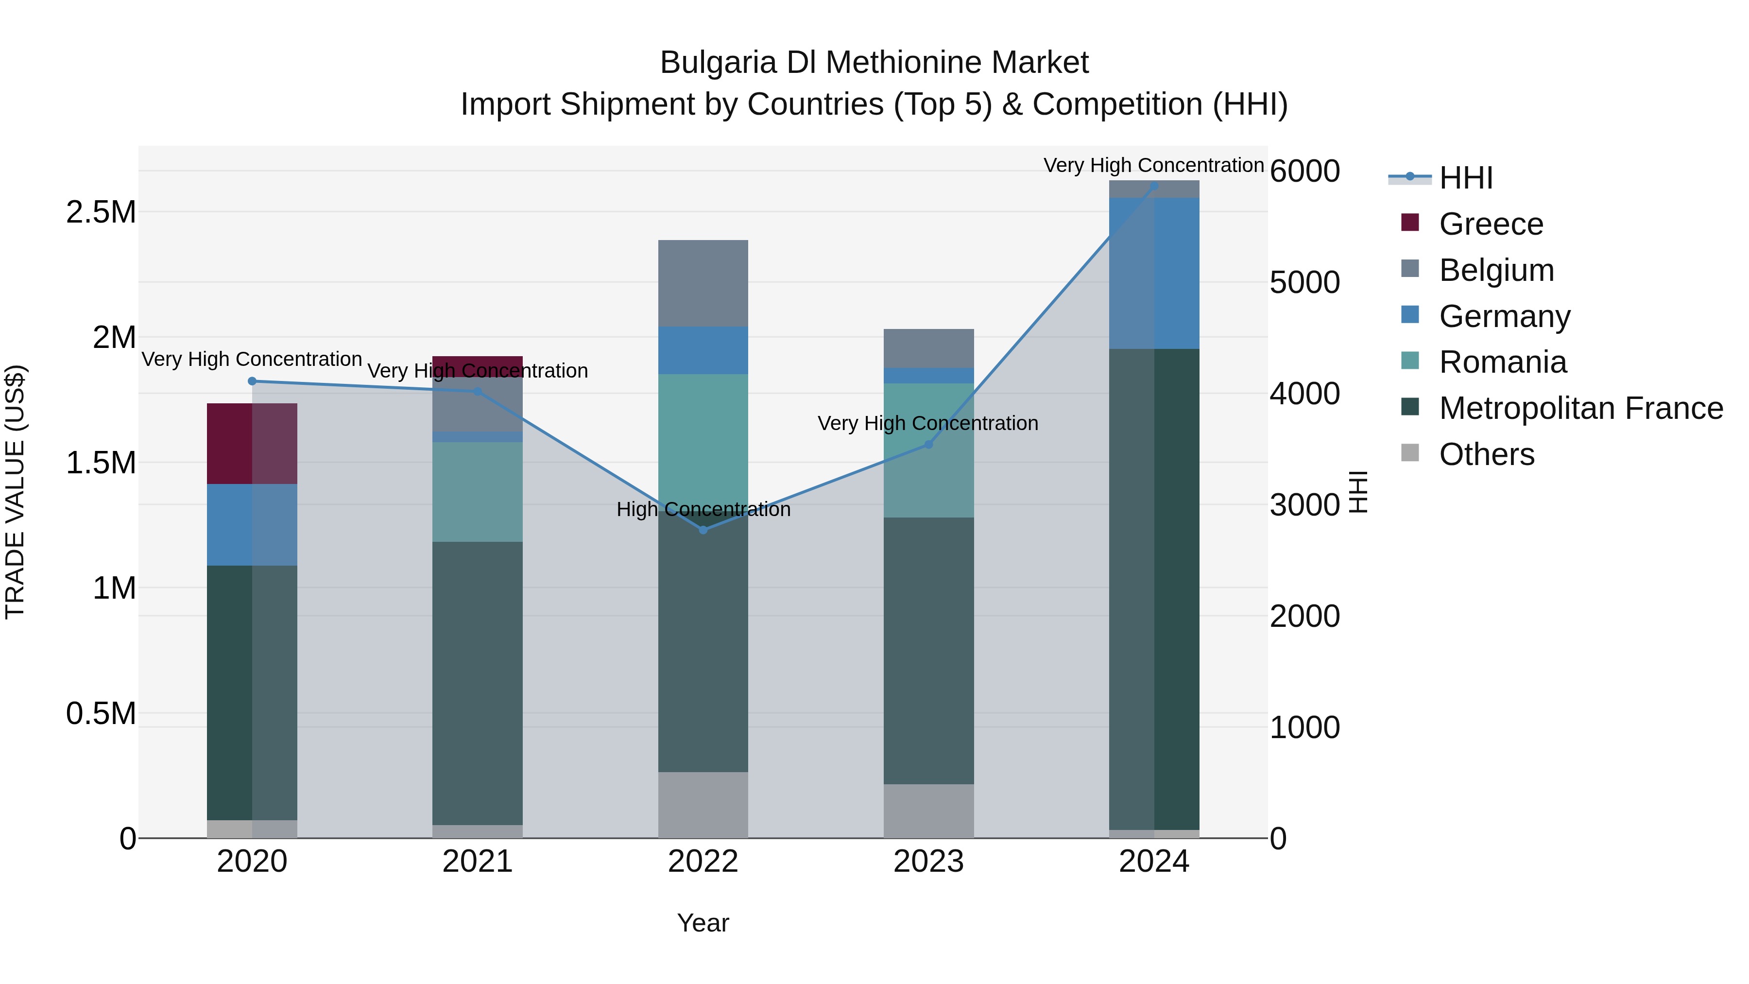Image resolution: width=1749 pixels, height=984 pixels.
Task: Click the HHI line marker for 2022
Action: [703, 530]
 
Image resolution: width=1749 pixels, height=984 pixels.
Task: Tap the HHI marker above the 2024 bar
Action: [1154, 186]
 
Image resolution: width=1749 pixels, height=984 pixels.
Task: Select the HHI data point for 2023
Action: [929, 444]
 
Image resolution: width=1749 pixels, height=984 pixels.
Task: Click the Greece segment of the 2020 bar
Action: [252, 444]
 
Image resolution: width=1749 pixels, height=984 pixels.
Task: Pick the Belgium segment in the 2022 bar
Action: [703, 283]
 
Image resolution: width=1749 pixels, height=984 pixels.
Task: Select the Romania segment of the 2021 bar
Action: [477, 492]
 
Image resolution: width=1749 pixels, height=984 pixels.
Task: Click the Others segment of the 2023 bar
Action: [929, 811]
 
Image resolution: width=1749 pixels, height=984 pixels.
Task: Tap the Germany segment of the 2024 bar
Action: [1154, 273]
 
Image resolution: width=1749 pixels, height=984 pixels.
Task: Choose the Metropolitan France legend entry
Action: [1580, 408]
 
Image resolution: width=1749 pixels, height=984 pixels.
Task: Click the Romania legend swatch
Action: [1410, 361]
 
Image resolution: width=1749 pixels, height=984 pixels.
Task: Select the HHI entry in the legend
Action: [1465, 178]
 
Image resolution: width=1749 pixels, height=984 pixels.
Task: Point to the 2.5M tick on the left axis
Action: [101, 212]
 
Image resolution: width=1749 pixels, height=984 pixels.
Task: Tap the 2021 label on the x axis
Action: [477, 862]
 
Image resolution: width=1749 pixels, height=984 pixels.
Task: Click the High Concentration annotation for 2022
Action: [703, 509]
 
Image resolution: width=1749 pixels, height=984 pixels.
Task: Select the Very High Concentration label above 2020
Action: [252, 359]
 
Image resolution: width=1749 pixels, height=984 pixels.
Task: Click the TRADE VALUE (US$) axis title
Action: [15, 492]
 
